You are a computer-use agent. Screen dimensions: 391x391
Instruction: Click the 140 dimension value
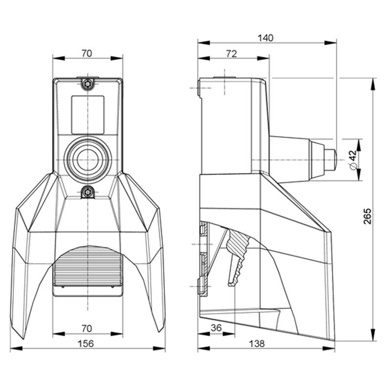click(x=265, y=38)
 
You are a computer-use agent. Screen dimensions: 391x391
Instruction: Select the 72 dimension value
click(x=232, y=54)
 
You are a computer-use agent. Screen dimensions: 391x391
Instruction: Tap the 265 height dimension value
click(x=367, y=216)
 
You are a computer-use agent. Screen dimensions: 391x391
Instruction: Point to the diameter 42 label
click(x=353, y=160)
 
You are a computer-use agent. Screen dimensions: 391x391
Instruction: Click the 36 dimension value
click(x=216, y=327)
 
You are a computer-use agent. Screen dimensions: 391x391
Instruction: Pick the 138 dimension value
click(x=257, y=344)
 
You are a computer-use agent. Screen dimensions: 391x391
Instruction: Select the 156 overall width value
click(x=86, y=344)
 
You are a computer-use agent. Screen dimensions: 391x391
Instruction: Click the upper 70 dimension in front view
click(x=87, y=53)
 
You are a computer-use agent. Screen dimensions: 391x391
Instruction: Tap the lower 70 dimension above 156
click(x=87, y=328)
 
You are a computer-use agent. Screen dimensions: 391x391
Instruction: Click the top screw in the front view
click(x=87, y=84)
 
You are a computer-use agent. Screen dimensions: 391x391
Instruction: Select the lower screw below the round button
click(x=87, y=192)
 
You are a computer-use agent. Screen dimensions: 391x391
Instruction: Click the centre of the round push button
click(x=87, y=160)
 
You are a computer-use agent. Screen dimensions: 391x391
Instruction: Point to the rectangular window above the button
click(x=88, y=115)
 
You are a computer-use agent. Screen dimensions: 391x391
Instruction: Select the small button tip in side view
click(x=330, y=160)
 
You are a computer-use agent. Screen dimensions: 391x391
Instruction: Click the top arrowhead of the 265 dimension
click(x=373, y=84)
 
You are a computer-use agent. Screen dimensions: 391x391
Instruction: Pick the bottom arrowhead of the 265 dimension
click(x=373, y=335)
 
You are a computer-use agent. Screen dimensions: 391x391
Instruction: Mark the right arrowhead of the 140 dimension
click(x=330, y=43)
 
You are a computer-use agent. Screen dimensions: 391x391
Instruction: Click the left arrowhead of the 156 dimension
click(x=17, y=348)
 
